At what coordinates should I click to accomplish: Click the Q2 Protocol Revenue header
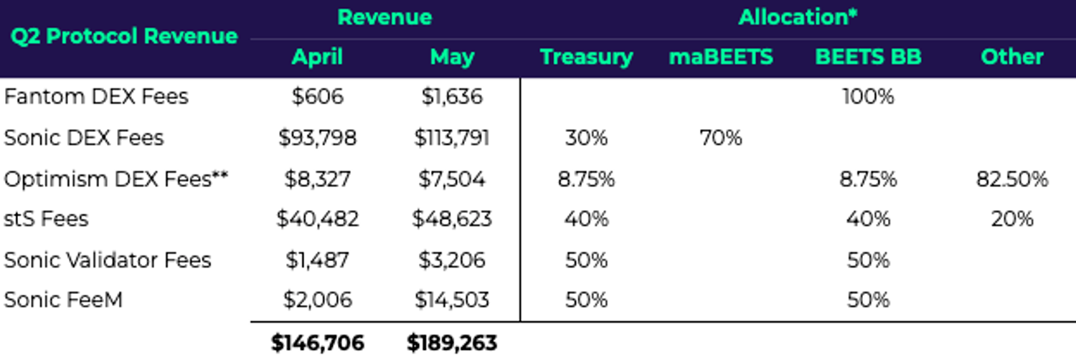tap(123, 36)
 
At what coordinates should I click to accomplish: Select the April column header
tap(317, 57)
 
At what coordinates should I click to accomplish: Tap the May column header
tap(451, 57)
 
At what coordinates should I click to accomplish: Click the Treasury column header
tap(586, 57)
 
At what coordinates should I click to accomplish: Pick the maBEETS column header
tap(720, 57)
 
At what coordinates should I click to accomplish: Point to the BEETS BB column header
tap(868, 57)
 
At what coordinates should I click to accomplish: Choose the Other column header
tap(1011, 57)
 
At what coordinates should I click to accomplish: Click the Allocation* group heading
tap(798, 17)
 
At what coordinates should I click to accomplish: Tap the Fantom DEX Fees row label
tap(96, 97)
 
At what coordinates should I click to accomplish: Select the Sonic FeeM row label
tap(63, 300)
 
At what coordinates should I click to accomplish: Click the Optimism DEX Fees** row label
tap(116, 179)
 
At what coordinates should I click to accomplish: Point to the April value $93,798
tap(317, 138)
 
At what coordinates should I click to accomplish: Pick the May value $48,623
tap(451, 219)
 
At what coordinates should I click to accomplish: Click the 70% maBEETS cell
tap(720, 138)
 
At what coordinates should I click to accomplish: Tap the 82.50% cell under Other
tap(1011, 179)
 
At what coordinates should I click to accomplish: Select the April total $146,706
tap(317, 344)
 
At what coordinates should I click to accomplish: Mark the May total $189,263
tap(451, 344)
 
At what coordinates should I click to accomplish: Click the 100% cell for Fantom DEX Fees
tap(868, 97)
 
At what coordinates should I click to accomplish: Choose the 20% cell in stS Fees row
tap(1011, 219)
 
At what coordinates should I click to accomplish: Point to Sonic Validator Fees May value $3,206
tap(451, 260)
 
